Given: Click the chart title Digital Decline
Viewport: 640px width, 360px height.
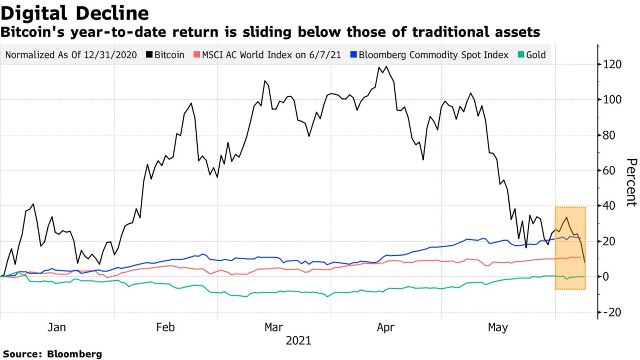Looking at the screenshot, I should pos(75,13).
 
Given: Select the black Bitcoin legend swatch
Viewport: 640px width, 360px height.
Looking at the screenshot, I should pos(149,55).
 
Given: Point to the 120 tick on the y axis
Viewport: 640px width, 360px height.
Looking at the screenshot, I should pos(614,65).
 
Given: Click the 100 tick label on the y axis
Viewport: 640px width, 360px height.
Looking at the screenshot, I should pos(614,100).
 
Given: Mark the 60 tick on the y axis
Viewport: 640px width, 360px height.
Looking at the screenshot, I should pos(612,170).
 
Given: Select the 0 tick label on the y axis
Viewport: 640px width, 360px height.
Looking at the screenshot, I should pos(609,277).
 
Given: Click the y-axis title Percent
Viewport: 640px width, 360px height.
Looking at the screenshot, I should pos(631,182).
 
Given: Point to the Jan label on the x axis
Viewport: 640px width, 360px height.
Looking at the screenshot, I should pos(57,327).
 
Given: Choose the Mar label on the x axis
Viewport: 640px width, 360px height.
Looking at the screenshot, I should pos(274,327).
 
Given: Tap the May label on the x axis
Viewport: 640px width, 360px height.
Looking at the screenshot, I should pos(498,327).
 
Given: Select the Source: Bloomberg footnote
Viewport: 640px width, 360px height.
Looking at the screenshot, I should pos(52,354).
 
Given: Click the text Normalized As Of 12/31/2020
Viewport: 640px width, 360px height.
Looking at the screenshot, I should pos(71,55).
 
